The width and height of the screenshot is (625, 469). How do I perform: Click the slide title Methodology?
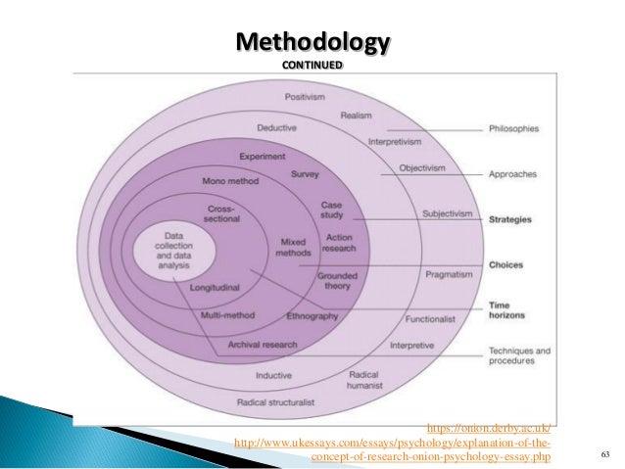[312, 44]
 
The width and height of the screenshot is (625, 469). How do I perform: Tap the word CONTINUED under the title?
[312, 65]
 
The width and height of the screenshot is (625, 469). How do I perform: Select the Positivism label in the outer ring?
[305, 97]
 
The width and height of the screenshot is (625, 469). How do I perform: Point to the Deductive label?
[277, 128]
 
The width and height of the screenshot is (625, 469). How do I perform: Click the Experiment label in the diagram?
[263, 157]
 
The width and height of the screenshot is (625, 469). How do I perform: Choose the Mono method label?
[229, 182]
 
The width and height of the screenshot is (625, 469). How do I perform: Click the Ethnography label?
[312, 316]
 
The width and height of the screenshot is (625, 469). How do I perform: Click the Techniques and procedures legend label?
[519, 355]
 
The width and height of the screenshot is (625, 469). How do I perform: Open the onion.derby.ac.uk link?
[490, 428]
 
